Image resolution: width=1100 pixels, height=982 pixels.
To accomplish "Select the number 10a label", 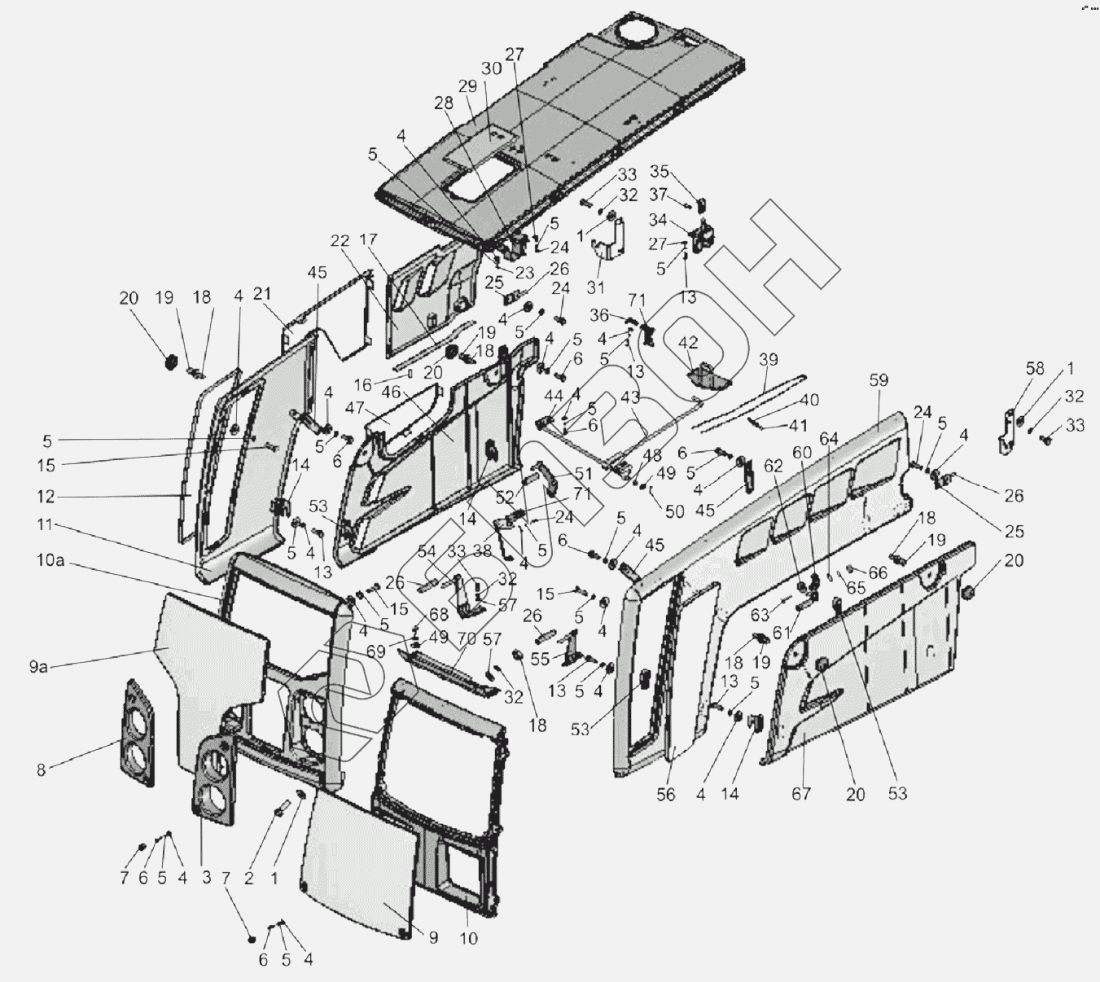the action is pyautogui.click(x=50, y=561).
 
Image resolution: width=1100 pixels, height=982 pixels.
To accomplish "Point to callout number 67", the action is pyautogui.click(x=801, y=792).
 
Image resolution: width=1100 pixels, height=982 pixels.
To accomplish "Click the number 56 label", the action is pyautogui.click(x=666, y=794).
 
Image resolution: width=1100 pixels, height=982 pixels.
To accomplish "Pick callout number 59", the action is pyautogui.click(x=879, y=380).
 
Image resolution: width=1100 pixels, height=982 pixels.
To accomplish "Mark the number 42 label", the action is pyautogui.click(x=689, y=343).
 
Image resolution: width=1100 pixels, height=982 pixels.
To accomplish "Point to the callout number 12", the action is pyautogui.click(x=45, y=496).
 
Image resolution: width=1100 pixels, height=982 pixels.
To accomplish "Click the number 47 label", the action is pyautogui.click(x=353, y=407).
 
